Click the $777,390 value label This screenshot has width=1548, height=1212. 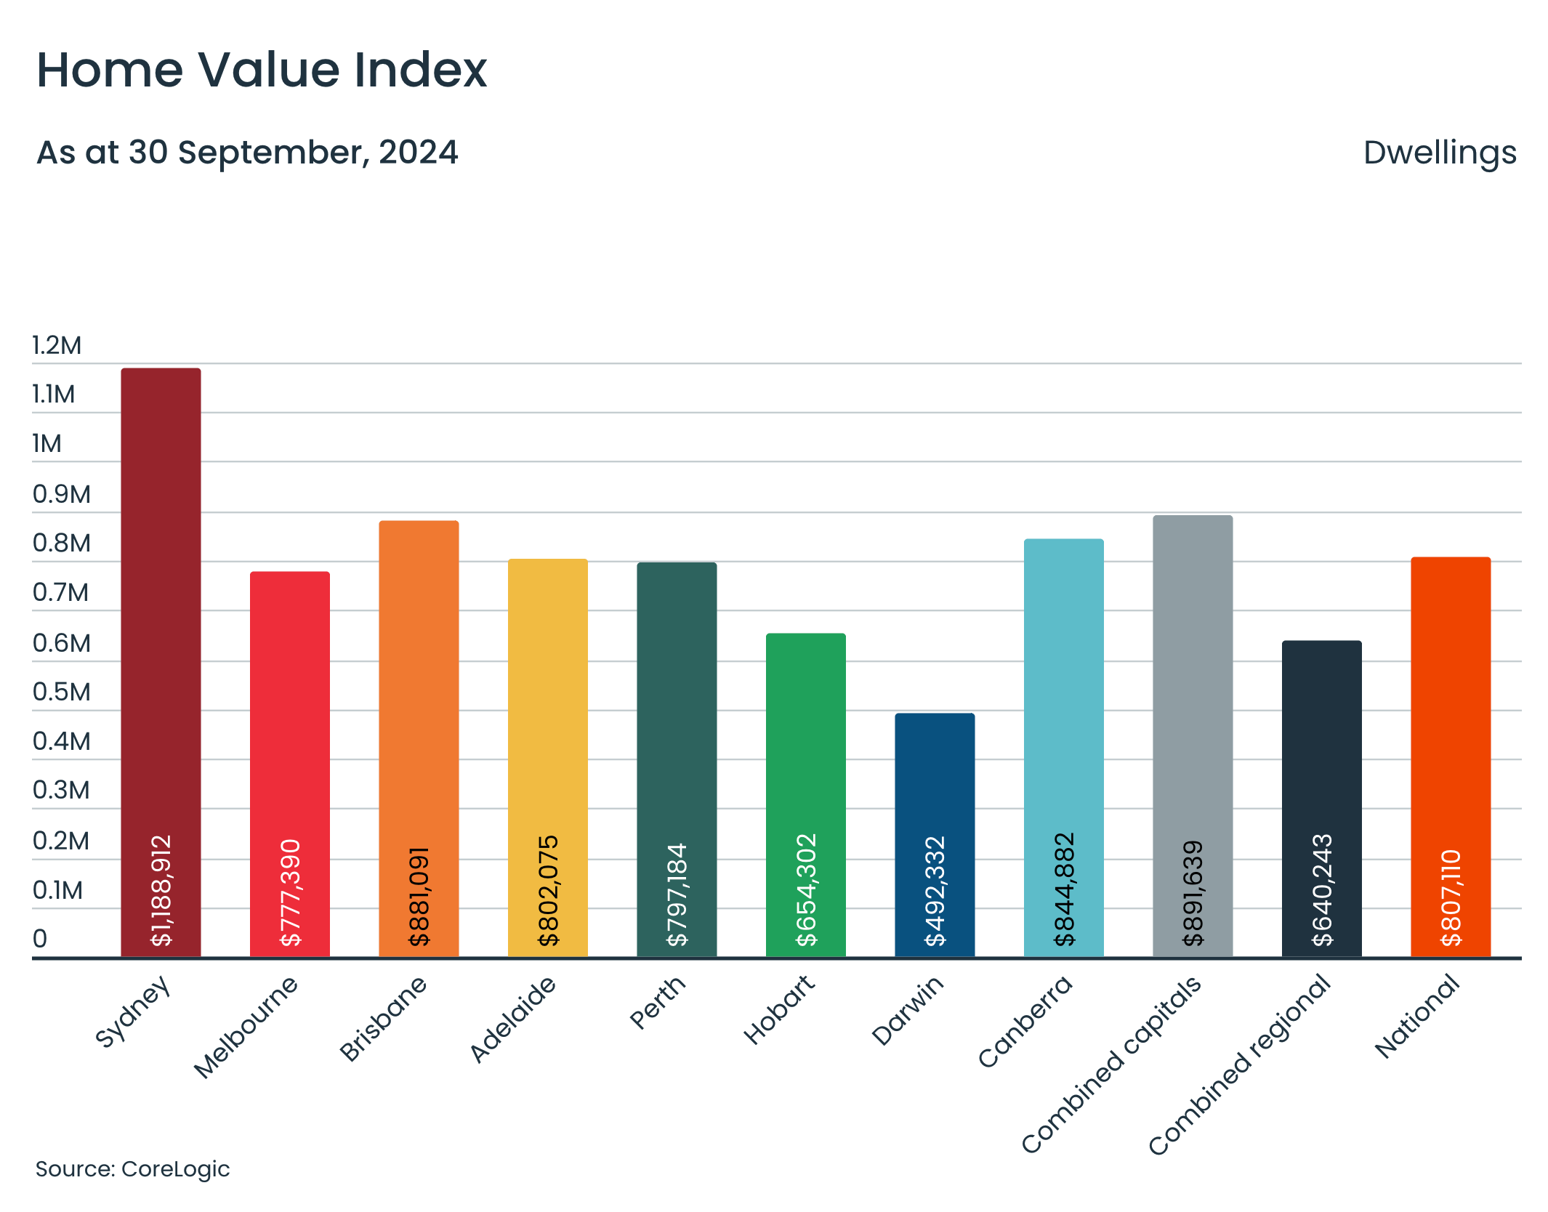pyautogui.click(x=290, y=892)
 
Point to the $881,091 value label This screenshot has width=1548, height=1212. pyautogui.click(x=419, y=896)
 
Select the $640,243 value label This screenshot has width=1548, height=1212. pyautogui.click(x=1322, y=889)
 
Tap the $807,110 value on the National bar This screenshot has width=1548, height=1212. pyautogui.click(x=1451, y=897)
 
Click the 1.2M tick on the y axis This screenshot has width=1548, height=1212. pyautogui.click(x=57, y=345)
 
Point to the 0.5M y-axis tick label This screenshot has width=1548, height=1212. pyautogui.click(x=62, y=692)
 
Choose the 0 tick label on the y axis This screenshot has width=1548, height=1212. pyautogui.click(x=40, y=938)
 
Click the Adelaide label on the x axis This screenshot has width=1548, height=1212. pyautogui.click(x=513, y=1019)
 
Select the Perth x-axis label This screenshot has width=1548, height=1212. pyautogui.click(x=657, y=1003)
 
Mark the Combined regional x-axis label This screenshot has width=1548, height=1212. pyautogui.click(x=1239, y=1065)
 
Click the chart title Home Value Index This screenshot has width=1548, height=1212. pyautogui.click(x=262, y=70)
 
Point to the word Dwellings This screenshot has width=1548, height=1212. pyautogui.click(x=1439, y=153)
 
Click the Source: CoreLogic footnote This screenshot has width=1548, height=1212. pyautogui.click(x=132, y=1168)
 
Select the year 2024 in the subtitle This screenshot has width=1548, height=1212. pyautogui.click(x=418, y=153)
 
